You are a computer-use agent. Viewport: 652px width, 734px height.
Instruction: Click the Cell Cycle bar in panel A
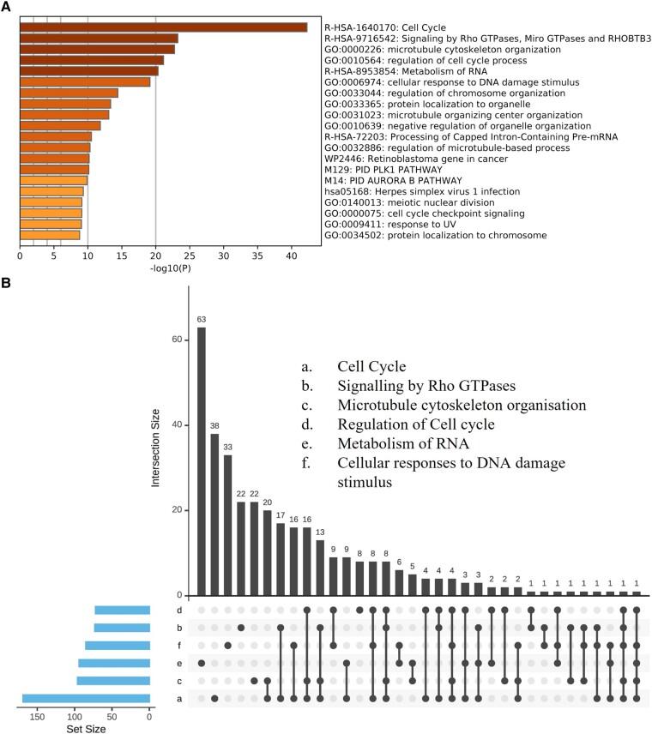(x=163, y=27)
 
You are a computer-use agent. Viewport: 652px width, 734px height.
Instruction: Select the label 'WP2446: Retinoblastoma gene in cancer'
(x=403, y=159)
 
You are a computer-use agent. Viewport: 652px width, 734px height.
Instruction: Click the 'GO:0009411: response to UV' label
(x=378, y=224)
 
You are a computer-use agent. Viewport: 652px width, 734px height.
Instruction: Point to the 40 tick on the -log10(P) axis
(x=291, y=256)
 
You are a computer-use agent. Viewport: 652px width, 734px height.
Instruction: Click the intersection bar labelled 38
(x=214, y=514)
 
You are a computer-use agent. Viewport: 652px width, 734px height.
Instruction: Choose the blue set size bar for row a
(x=86, y=698)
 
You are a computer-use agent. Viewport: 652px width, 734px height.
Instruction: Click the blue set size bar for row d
(x=122, y=610)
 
